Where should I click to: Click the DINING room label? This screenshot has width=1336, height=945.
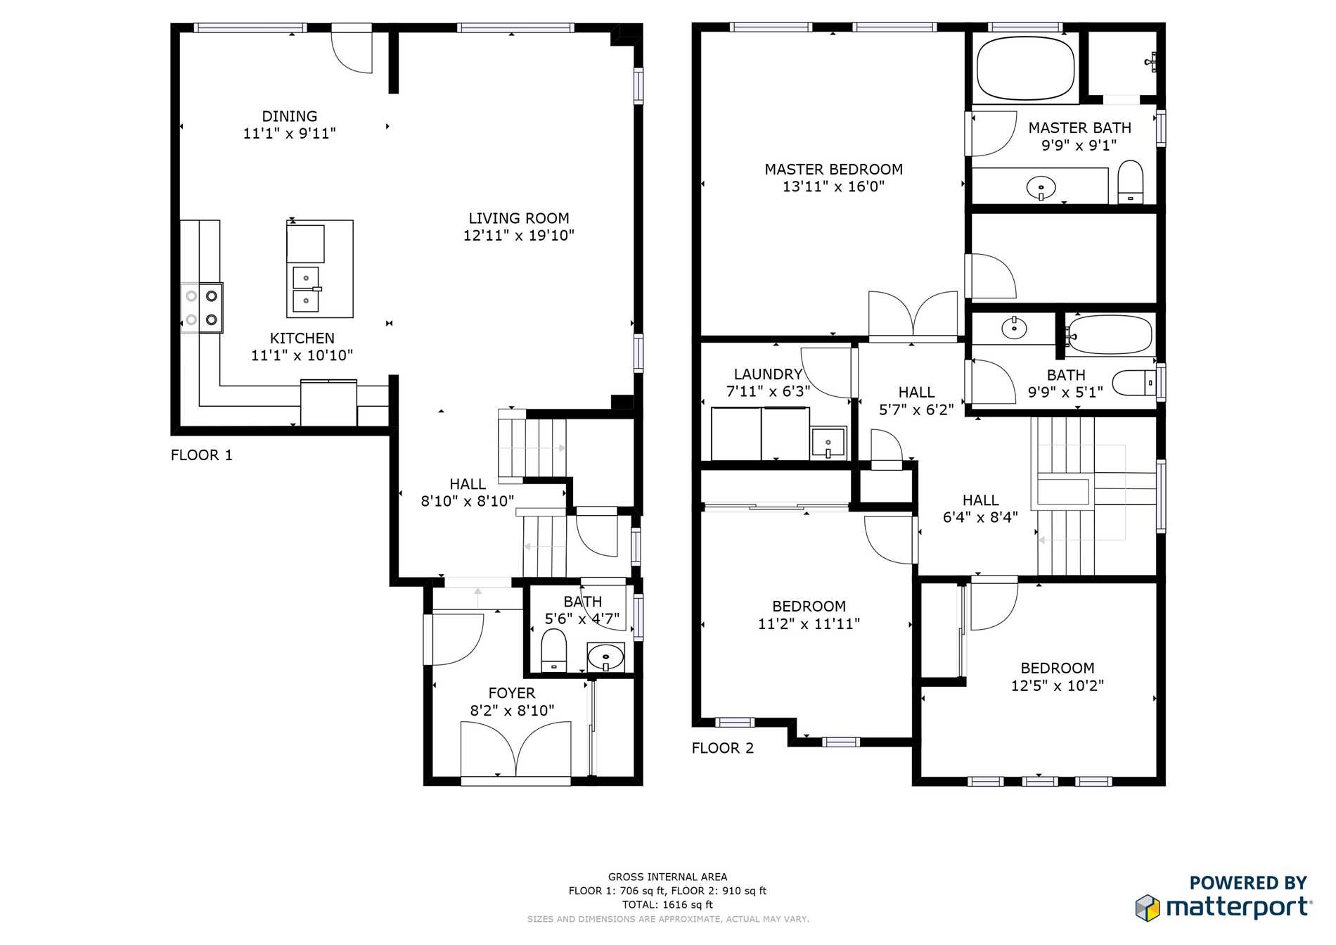coord(290,116)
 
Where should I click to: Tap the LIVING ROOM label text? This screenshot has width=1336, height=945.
coord(519,218)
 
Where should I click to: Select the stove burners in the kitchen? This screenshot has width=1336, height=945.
coord(202,307)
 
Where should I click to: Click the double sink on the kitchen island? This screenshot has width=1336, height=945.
coord(306,288)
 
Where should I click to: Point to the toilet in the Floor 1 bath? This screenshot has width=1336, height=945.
coord(554,650)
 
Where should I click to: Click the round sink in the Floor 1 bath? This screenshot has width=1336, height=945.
coord(605,658)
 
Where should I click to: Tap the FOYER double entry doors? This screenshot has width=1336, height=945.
coord(515,749)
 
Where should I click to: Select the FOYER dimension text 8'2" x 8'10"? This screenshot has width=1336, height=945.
coord(512,711)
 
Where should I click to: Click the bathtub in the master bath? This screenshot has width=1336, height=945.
coord(1026,68)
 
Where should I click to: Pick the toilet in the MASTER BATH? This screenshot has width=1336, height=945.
coord(1131,182)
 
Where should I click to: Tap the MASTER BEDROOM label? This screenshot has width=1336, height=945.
coord(834,170)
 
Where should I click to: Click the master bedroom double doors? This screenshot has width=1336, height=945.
coord(913,314)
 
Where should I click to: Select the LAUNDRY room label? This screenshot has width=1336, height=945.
coord(768,374)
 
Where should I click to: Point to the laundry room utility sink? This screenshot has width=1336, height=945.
coord(828,442)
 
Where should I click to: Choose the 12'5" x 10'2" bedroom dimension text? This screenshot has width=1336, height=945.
coord(1058,685)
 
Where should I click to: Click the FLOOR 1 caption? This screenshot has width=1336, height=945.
coord(202,455)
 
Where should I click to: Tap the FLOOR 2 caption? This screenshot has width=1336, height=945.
coord(723,748)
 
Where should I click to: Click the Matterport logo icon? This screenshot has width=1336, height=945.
coord(1148,908)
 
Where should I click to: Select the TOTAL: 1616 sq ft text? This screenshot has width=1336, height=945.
coord(668,905)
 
